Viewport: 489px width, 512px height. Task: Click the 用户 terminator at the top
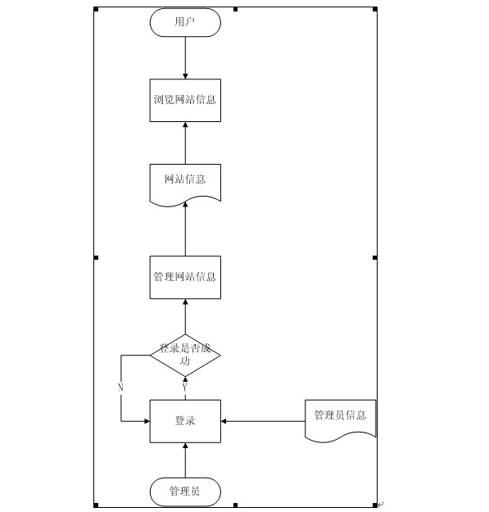coord(185,23)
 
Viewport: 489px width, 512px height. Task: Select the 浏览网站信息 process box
coord(185,100)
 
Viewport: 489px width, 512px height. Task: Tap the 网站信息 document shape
coord(185,185)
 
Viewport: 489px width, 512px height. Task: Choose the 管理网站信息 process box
coord(185,277)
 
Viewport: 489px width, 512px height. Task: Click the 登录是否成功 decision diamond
coord(185,356)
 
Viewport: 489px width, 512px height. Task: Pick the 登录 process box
coord(185,421)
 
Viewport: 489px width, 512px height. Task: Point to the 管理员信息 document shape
coord(340,420)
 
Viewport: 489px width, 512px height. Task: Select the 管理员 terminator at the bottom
coord(185,492)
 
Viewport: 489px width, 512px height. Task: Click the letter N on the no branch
coord(120,387)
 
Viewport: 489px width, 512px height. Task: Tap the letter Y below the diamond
coord(185,387)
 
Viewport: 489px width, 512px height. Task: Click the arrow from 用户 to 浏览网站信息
coord(185,58)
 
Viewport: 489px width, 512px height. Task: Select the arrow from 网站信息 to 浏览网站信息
coord(185,143)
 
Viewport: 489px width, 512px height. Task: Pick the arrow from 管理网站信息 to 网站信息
coord(185,229)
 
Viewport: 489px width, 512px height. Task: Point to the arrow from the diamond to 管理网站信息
coord(185,316)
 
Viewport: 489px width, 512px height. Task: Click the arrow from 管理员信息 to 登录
coord(263,421)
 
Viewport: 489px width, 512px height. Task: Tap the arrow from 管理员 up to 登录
coord(185,460)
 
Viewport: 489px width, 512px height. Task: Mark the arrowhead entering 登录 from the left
coord(147,421)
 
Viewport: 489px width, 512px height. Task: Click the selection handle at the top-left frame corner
coord(96,9)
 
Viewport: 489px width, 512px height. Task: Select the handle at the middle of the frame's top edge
coord(235,9)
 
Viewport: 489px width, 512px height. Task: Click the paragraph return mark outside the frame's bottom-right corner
coord(381,505)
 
